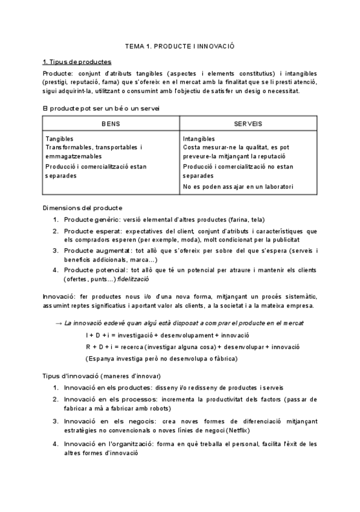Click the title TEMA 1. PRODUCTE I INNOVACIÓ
pos(179,46)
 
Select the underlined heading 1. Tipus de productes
pos(77,62)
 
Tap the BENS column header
pos(110,123)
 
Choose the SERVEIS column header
pos(248,123)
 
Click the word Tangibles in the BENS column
pos(60,138)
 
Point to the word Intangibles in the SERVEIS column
pos(198,138)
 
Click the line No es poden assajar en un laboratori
pos(237,187)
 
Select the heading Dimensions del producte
pos(82,208)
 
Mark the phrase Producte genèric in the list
pos(91,220)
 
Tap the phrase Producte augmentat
pos(94,251)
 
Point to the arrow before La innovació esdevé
pos(59,323)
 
